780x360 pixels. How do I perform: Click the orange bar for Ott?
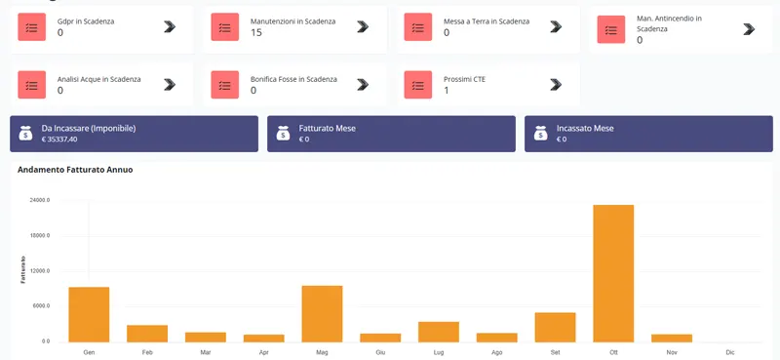click(x=613, y=273)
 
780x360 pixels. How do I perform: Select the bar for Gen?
click(x=89, y=314)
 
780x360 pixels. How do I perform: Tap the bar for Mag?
click(x=322, y=313)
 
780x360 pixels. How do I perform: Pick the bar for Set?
click(x=555, y=327)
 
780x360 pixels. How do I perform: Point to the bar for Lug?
click(x=439, y=332)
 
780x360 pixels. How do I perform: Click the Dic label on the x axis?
click(x=730, y=351)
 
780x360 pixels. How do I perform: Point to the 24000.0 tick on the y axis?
click(x=40, y=200)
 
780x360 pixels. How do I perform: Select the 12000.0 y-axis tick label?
click(x=40, y=271)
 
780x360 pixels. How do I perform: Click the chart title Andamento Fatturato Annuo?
click(x=75, y=170)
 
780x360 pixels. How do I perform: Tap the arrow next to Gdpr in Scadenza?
click(x=170, y=27)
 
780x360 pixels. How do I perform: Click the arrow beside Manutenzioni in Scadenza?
click(x=363, y=27)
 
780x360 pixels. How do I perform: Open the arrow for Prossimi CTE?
click(x=556, y=85)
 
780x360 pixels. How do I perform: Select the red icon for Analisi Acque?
click(x=32, y=85)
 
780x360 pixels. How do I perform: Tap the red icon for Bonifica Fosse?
click(x=225, y=85)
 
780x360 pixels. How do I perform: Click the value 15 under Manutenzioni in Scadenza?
click(x=256, y=33)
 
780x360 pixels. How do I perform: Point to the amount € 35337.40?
click(x=59, y=140)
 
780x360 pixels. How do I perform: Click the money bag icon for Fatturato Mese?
click(x=283, y=134)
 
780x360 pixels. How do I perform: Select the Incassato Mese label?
click(x=585, y=128)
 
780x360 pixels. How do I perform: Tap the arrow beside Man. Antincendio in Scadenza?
click(x=749, y=29)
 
